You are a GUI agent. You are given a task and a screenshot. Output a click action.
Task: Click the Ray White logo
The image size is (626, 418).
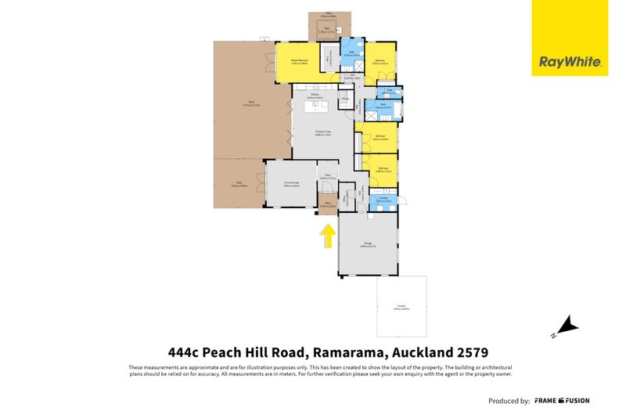click(x=569, y=61)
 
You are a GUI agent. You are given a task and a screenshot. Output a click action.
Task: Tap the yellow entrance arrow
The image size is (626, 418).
click(x=327, y=235)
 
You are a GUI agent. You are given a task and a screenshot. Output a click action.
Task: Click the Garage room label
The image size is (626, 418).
click(x=368, y=244)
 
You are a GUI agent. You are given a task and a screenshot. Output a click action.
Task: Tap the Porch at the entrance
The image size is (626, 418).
click(x=327, y=205)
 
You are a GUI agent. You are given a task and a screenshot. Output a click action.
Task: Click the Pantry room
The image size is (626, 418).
click(x=345, y=99)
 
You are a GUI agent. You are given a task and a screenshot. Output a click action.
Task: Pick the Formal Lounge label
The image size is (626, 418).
click(x=291, y=185)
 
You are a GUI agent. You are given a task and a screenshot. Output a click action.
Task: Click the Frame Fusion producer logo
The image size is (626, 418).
click(x=562, y=401)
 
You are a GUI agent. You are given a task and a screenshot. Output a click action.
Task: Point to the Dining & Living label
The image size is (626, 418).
click(x=323, y=133)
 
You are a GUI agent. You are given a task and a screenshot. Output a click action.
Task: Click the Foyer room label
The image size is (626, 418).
click(x=327, y=177)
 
